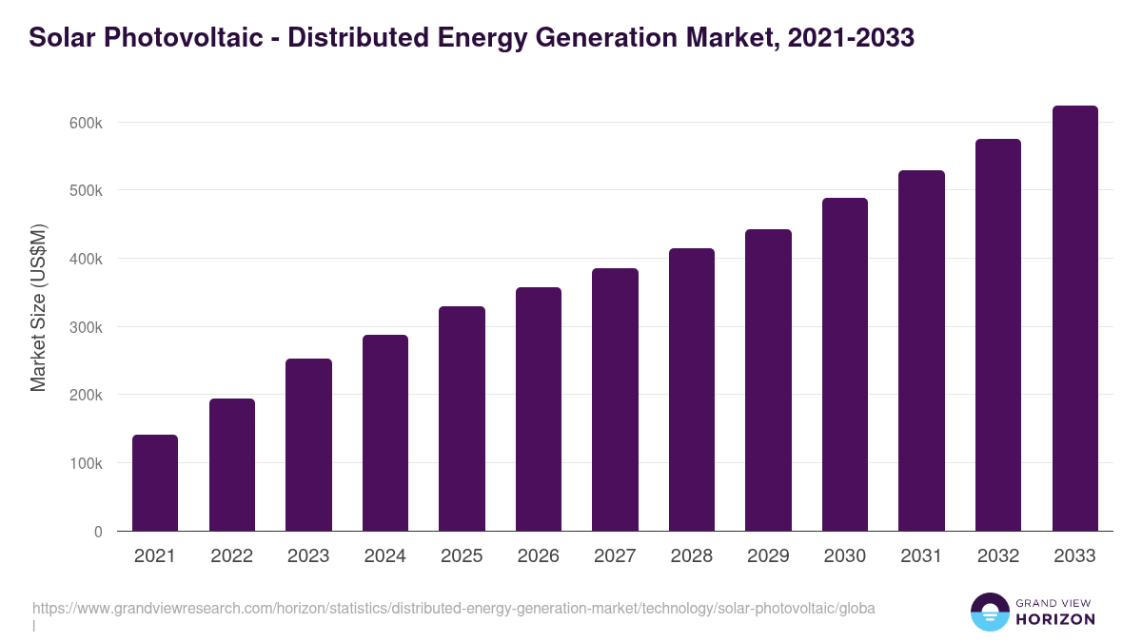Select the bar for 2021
155,483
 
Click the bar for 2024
385,433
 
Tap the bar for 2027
615,399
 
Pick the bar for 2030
845,364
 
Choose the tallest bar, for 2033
1074,319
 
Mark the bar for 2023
308,445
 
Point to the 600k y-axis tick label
86,123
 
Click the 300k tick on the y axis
86,327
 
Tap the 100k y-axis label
86,463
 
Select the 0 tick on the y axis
98,532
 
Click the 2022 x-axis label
231,556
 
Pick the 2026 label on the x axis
539,556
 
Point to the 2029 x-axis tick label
768,556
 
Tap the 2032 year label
998,556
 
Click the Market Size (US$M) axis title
38,306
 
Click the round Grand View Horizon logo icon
989,612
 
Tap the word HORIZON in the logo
1055,619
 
